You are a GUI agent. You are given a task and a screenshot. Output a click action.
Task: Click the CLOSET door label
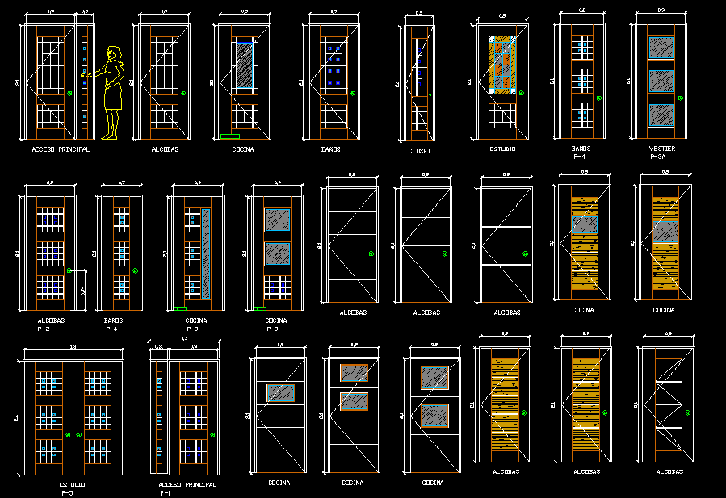click(419, 151)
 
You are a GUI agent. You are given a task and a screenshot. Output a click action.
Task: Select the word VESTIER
click(661, 149)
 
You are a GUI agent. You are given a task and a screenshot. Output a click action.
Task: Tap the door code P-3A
click(661, 157)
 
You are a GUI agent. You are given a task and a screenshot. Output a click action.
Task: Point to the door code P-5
click(66, 492)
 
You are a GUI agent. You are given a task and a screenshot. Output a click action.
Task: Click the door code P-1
click(165, 492)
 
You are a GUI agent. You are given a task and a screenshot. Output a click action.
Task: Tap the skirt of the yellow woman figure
click(112, 95)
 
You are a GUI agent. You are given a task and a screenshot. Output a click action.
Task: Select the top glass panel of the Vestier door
click(661, 48)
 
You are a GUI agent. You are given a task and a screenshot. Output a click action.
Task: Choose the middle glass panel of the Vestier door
click(661, 82)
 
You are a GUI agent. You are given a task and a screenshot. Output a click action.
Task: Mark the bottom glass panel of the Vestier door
click(661, 115)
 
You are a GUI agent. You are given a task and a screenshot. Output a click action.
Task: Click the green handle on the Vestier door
click(681, 98)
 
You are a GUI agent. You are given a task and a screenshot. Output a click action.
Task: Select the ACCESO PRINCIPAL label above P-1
click(188, 484)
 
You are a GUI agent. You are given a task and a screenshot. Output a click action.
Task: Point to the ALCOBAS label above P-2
click(50, 320)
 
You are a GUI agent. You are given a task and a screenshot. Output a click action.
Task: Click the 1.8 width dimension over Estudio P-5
click(73, 347)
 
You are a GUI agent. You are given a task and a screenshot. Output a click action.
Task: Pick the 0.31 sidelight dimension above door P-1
click(158, 346)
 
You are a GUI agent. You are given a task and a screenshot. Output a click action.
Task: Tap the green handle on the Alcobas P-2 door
click(70, 270)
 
